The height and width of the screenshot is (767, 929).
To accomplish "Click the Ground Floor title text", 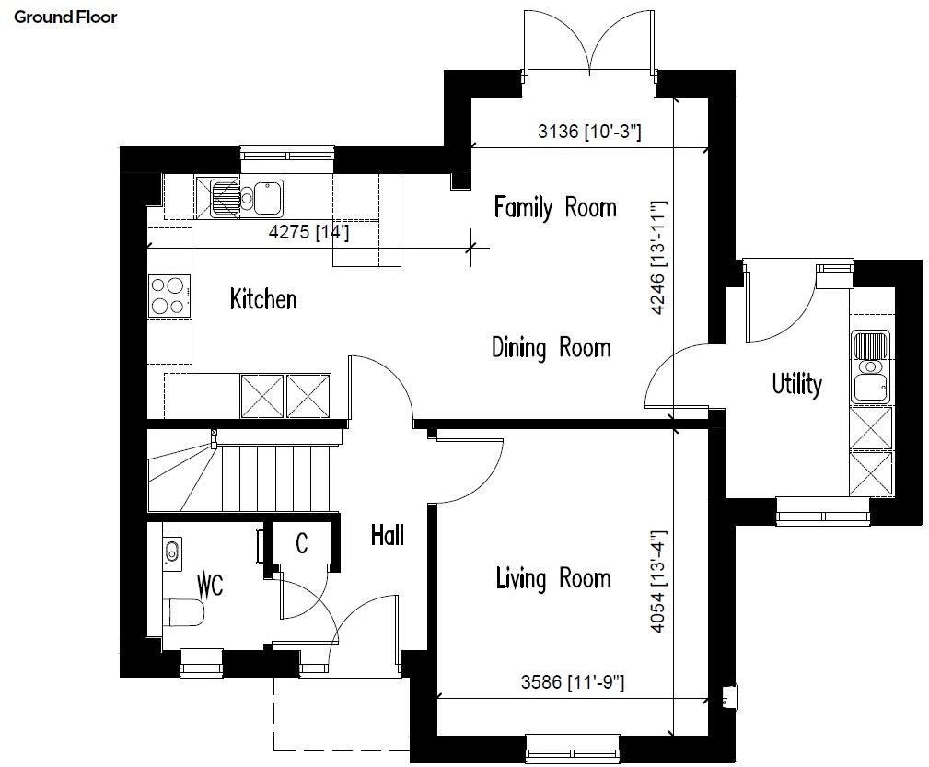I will click(65, 17).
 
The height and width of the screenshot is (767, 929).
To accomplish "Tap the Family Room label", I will click(554, 207).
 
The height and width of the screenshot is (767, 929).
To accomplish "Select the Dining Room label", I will click(551, 348).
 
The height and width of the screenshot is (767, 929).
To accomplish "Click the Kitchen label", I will click(263, 299).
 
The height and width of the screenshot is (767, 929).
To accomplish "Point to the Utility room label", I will click(796, 384).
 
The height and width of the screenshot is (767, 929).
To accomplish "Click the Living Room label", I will click(552, 578).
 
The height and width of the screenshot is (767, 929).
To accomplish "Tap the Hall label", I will click(388, 534).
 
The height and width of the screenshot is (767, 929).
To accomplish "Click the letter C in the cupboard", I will click(301, 544).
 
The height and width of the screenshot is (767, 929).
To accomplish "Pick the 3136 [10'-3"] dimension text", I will click(589, 133).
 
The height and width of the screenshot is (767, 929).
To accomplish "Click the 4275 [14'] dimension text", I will click(308, 233).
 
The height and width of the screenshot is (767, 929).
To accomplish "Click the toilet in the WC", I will click(185, 611).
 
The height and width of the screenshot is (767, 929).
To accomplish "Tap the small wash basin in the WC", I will click(172, 552).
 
